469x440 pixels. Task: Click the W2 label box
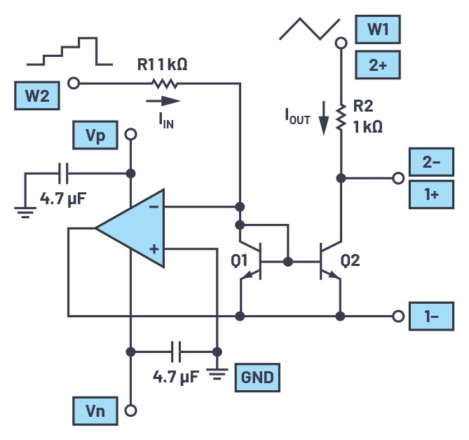tap(37, 95)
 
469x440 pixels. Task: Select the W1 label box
tap(377, 31)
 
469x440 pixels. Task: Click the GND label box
tap(257, 378)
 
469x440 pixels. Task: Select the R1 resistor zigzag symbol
tap(165, 84)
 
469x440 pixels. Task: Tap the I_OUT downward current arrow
tap(324, 117)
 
